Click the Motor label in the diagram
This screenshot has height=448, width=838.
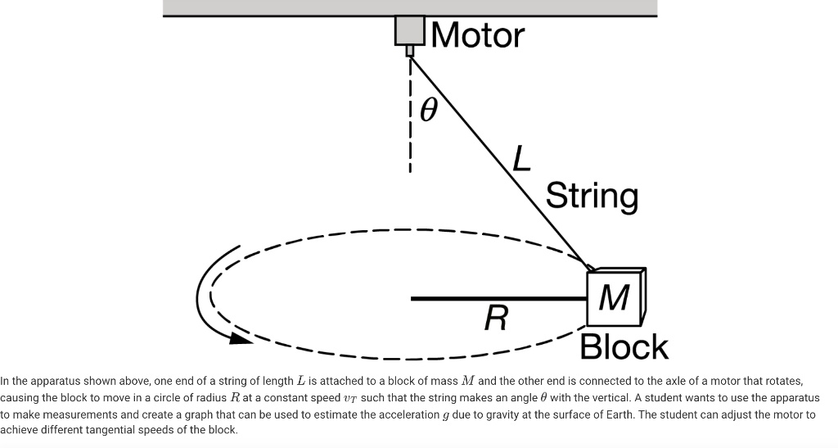click(x=477, y=35)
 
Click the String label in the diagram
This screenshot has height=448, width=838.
click(x=592, y=197)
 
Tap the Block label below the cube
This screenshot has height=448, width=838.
click(x=624, y=346)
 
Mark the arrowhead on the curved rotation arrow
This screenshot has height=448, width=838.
click(x=241, y=337)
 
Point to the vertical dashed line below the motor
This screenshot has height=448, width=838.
click(x=409, y=115)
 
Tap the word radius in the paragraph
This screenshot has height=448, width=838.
click(x=196, y=398)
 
